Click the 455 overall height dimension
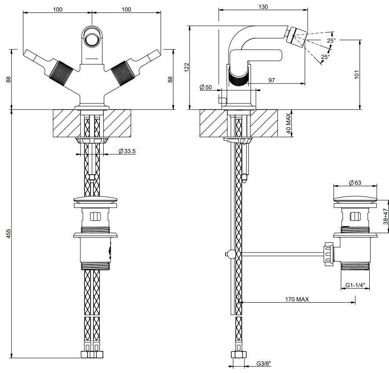[x=8, y=234]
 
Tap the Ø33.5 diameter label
[x=127, y=151]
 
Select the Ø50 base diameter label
[x=206, y=87]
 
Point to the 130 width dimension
[x=263, y=7]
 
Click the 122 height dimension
[x=187, y=67]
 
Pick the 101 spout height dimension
[x=357, y=74]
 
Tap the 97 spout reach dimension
[x=272, y=80]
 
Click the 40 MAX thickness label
[x=288, y=124]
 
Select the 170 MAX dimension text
[x=297, y=299]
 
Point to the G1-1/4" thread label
[x=356, y=285]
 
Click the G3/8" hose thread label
[x=264, y=364]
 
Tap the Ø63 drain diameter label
[x=355, y=183]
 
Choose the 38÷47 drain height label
[x=385, y=216]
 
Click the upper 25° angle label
[x=331, y=40]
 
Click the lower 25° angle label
[x=325, y=57]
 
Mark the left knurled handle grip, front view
[x=61, y=73]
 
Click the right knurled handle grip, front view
[x=123, y=73]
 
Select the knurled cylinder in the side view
[x=238, y=75]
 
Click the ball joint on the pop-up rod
[x=232, y=254]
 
